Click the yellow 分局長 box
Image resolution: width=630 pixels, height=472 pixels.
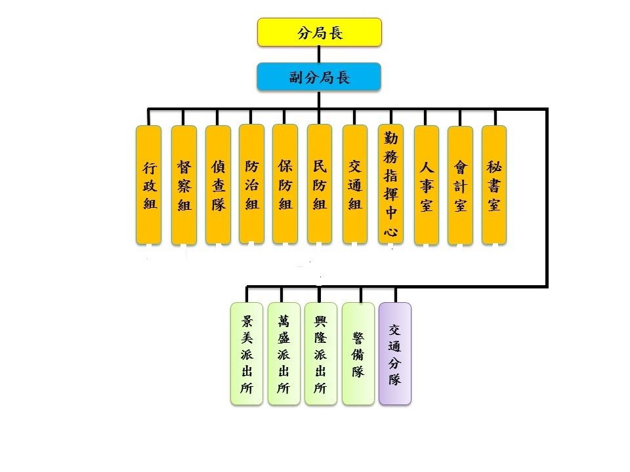pos(319,33)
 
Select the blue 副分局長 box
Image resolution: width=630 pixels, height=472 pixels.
pos(319,77)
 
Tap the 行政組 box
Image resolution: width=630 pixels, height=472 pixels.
pos(149,185)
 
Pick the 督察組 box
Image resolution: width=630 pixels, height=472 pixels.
pos(184,185)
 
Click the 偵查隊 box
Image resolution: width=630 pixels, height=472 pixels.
pos(218,185)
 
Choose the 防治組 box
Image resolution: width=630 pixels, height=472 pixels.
pos(251,184)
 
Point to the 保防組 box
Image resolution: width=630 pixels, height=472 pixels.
pos(285,184)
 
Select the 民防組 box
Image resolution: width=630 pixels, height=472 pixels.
pos(320,184)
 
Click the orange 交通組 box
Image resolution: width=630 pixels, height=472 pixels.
pos(355,184)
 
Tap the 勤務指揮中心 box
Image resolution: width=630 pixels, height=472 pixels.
pos(390,185)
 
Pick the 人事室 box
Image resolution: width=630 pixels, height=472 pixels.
pos(426,185)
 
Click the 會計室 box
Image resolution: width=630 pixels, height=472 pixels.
pos(460,185)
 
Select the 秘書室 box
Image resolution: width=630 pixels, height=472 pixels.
pos(494,184)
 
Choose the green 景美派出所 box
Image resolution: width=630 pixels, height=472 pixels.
pos(247,353)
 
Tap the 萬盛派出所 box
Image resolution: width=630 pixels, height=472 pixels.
pos(283,353)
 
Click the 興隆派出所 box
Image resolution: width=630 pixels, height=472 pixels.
pos(320,353)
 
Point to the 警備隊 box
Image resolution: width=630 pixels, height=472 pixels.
pos(358,353)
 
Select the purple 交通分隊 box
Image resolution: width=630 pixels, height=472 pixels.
pos(395,353)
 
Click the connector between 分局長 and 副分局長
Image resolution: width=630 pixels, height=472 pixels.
pos(319,54)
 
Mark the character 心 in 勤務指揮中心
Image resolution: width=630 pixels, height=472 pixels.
pos(390,230)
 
